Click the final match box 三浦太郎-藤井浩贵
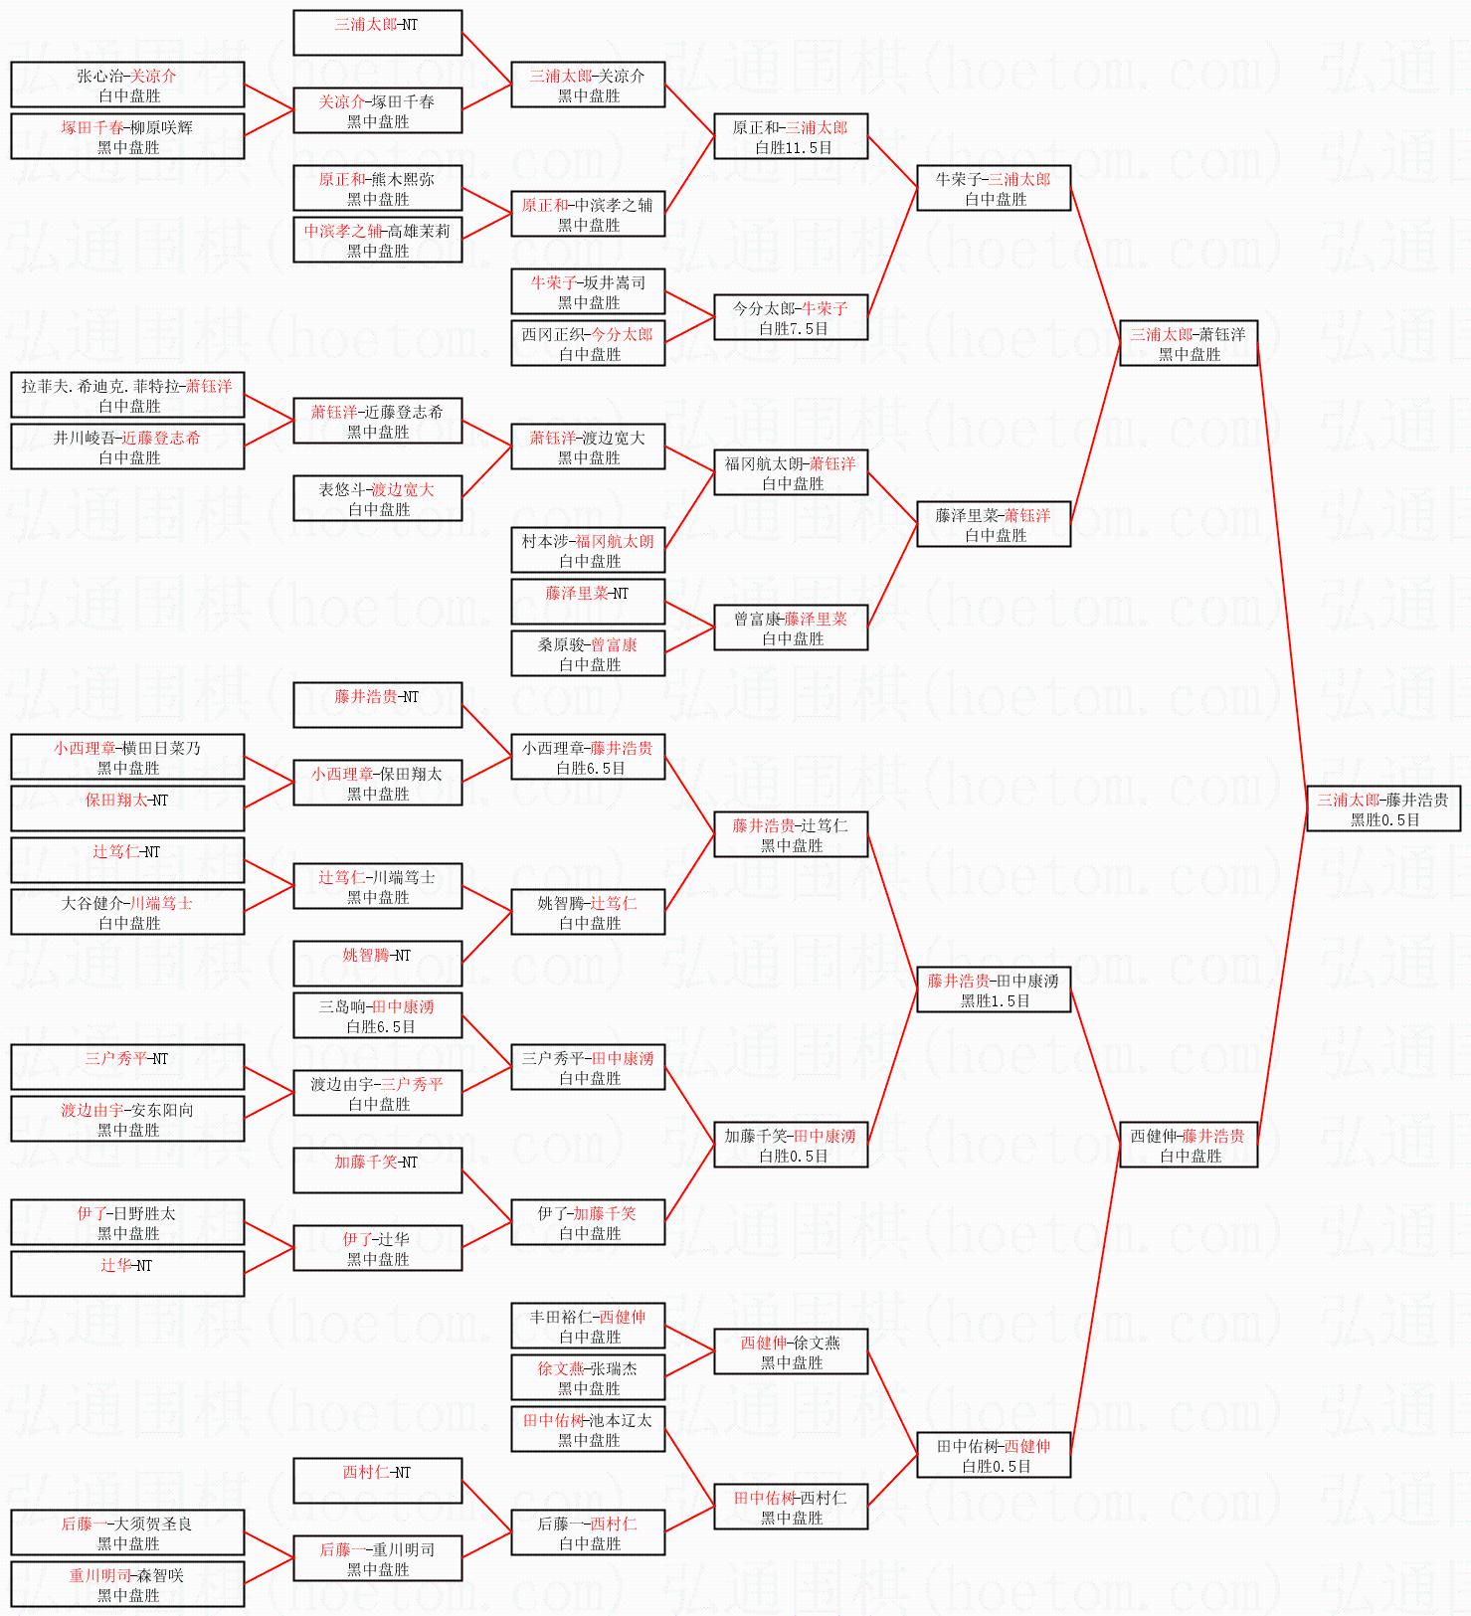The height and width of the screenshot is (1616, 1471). (x=1382, y=808)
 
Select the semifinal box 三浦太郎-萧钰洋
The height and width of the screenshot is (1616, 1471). (x=1189, y=343)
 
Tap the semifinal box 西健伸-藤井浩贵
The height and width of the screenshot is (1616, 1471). (x=1189, y=1145)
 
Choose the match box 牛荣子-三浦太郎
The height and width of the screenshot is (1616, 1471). (x=993, y=188)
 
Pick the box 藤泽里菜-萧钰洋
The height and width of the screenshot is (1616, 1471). (x=993, y=524)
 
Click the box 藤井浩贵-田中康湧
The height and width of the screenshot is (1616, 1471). (x=993, y=989)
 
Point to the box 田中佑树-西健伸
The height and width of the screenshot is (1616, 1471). (x=993, y=1455)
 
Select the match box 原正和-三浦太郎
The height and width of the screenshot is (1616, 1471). (x=791, y=136)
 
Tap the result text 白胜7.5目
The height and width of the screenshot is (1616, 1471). (x=794, y=328)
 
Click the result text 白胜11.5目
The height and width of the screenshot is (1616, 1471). (x=794, y=147)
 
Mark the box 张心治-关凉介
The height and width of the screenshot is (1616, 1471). (x=127, y=85)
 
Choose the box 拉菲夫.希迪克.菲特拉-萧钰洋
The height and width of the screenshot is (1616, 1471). (x=127, y=395)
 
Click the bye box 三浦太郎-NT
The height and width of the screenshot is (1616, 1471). (x=377, y=33)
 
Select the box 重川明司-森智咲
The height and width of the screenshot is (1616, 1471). (x=127, y=1584)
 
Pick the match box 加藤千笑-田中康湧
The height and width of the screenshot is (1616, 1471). (x=791, y=1145)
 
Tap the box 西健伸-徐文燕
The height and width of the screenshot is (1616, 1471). (x=791, y=1351)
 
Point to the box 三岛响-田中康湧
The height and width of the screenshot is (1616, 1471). (x=377, y=1015)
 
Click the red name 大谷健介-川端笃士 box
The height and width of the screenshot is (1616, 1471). (x=127, y=912)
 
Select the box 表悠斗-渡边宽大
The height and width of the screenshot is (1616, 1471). (x=377, y=498)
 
